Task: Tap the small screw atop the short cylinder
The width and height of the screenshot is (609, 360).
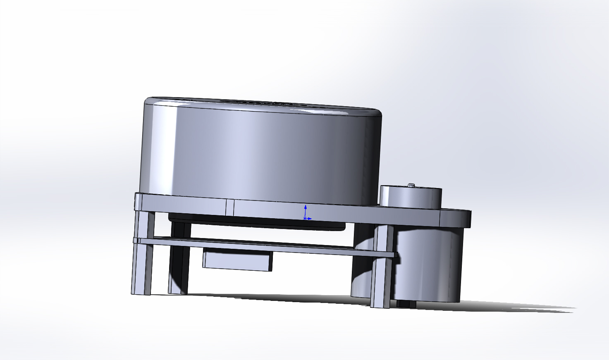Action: click(411, 185)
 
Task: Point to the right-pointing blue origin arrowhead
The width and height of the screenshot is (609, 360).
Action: click(310, 219)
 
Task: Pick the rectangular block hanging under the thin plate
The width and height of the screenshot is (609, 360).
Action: click(237, 260)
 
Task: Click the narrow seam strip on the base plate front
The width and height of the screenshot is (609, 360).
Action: click(230, 207)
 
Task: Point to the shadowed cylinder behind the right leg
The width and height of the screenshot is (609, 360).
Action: click(362, 269)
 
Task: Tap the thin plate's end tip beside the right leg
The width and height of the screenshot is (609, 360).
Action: click(396, 255)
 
